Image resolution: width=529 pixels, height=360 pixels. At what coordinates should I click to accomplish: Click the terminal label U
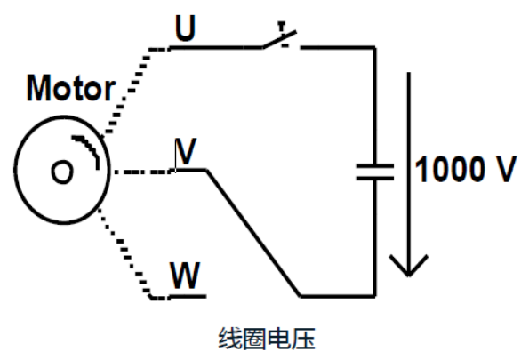185,28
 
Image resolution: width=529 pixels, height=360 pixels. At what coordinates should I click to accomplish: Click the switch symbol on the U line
280,40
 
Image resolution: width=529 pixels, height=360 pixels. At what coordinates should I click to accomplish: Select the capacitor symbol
373,172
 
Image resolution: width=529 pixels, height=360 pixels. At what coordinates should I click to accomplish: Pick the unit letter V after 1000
502,170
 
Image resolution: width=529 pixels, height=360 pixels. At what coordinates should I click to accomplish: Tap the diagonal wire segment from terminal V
253,233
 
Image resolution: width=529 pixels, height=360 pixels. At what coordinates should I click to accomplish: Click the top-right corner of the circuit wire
373,48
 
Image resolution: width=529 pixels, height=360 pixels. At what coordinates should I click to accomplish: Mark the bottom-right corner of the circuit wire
373,295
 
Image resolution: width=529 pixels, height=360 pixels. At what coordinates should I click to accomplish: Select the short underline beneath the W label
188,296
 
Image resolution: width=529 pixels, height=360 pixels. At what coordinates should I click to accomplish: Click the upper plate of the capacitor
373,164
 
